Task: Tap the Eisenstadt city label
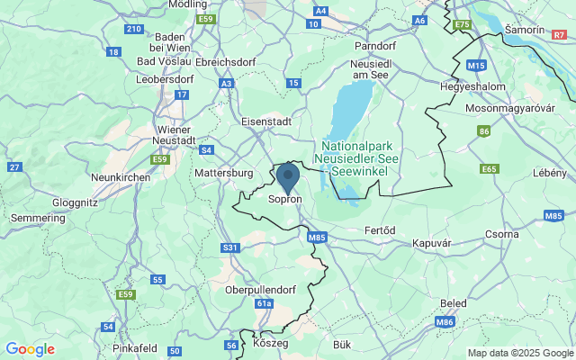tap(267, 121)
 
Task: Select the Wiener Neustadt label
tap(174, 134)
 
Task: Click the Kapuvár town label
tap(431, 243)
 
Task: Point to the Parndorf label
tap(375, 45)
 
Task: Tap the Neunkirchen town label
tap(120, 178)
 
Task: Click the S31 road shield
tap(230, 247)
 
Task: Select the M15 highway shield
tap(477, 66)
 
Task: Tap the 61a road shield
tap(264, 304)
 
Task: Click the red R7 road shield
tap(560, 33)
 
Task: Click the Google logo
tap(30, 349)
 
